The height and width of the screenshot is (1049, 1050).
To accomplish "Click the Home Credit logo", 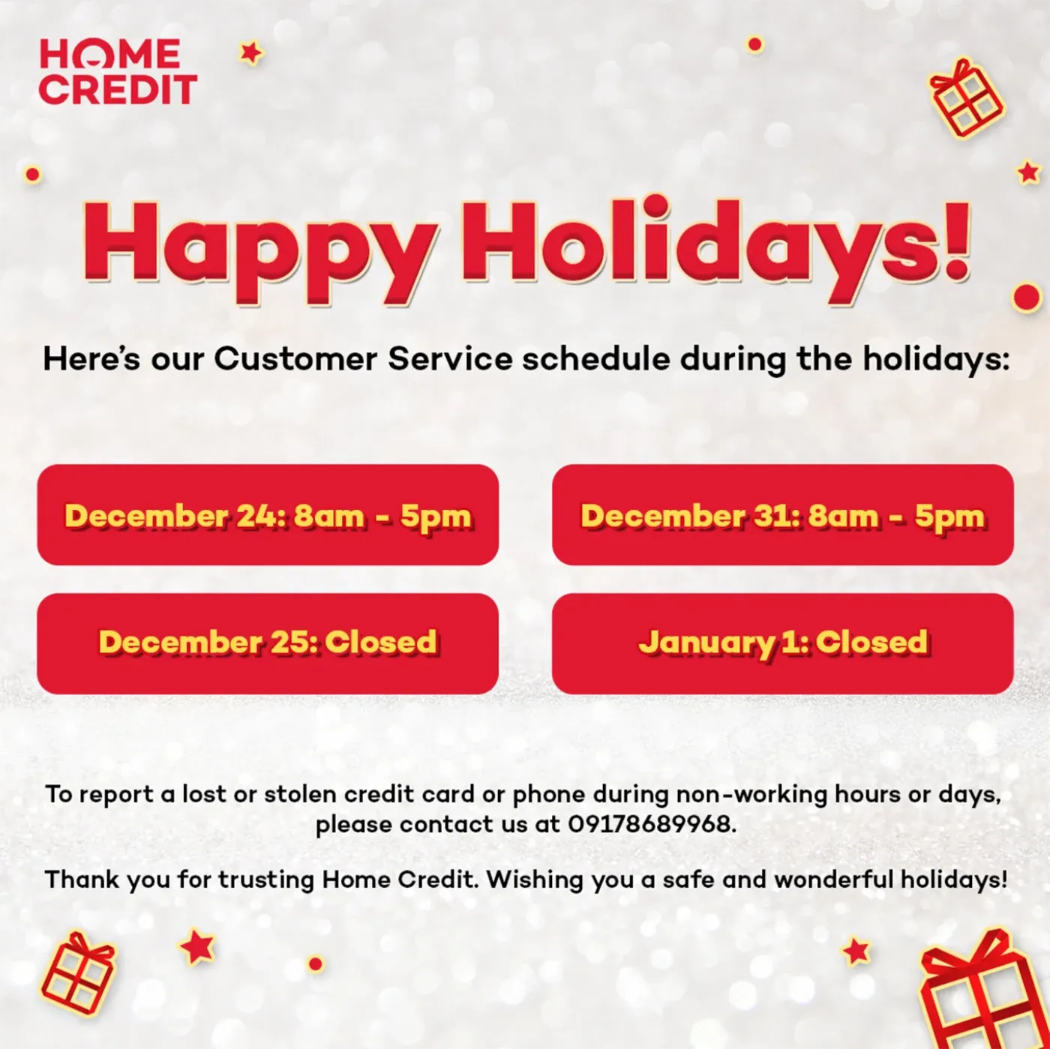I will (117, 72).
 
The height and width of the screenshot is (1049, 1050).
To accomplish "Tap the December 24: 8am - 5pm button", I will (268, 515).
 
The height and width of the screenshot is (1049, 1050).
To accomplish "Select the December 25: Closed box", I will (268, 643).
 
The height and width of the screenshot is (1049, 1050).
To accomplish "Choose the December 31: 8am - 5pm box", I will (782, 515).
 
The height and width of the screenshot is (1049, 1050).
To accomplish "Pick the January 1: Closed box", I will (782, 643).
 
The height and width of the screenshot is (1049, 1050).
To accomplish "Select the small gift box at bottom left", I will (77, 973).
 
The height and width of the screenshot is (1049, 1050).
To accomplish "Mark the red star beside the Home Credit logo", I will (251, 52).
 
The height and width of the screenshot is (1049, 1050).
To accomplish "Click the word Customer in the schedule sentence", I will (295, 358).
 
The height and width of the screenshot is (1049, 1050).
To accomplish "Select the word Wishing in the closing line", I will (534, 879).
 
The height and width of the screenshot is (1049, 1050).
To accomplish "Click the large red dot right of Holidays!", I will (1026, 297).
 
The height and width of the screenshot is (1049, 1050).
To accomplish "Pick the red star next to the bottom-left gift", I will (197, 946).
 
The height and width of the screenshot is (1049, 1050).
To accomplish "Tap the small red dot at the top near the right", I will (754, 44).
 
